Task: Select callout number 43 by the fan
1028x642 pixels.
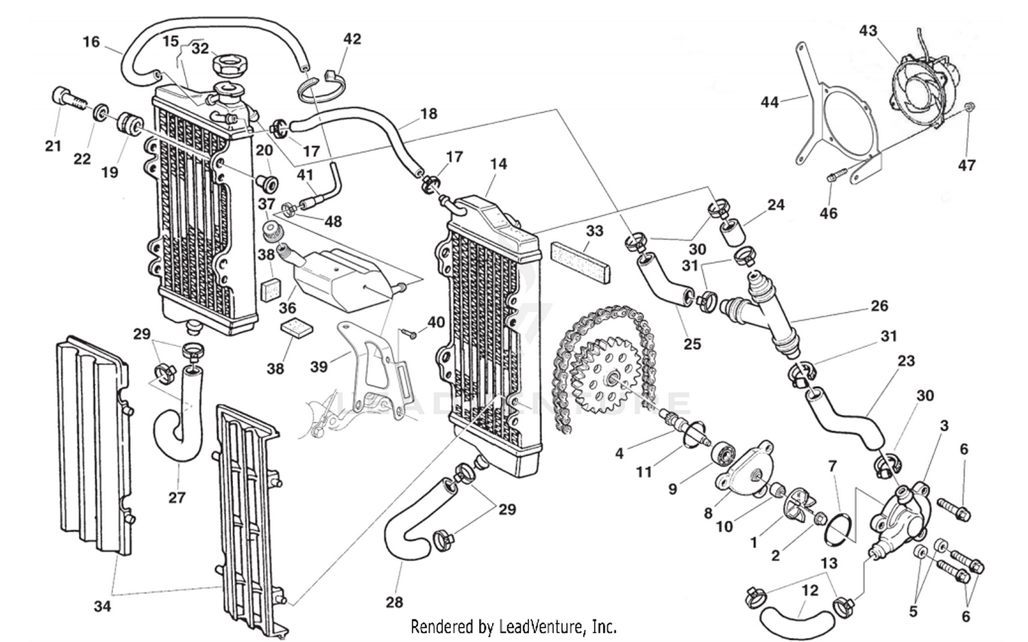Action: (868, 31)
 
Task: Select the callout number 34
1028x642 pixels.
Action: (102, 606)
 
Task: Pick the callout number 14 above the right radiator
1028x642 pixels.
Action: (498, 164)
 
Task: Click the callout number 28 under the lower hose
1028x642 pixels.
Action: (394, 602)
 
